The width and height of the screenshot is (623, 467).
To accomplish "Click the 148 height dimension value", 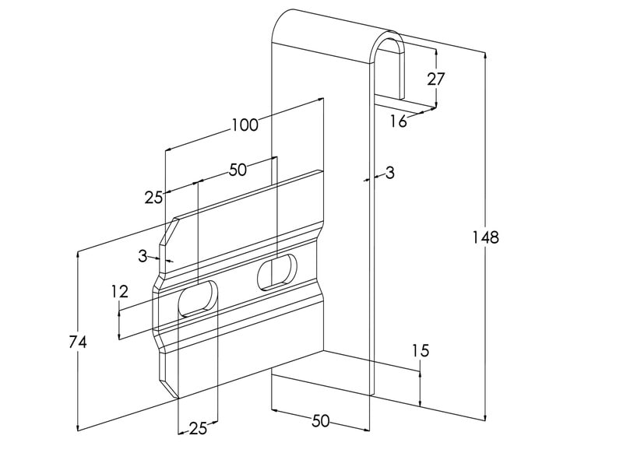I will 486,237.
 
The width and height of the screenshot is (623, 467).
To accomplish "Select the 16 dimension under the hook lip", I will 398,121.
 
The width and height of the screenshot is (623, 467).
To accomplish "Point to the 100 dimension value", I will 245,125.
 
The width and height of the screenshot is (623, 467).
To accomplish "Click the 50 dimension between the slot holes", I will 238,169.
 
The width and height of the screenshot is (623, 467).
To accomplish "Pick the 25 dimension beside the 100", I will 153,198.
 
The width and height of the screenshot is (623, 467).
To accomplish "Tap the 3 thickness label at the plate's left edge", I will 143,255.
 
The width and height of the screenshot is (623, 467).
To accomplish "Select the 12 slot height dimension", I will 119,292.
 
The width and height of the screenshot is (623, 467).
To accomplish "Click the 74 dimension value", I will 77,341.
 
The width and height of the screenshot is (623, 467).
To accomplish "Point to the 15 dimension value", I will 420,351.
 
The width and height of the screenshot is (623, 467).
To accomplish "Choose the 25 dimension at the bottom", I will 198,428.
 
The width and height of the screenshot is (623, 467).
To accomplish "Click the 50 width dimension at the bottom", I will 320,421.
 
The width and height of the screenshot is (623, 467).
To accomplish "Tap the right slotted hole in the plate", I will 278,272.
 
